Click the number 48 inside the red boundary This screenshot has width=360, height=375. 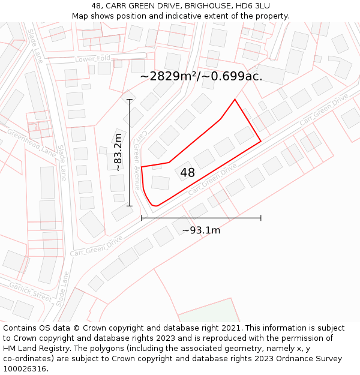[x=187, y=173]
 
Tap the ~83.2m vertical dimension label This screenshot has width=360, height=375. [x=118, y=152]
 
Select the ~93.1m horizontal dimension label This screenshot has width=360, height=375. [x=201, y=230]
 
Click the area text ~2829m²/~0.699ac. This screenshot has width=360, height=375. [x=201, y=76]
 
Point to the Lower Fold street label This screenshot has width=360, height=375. [x=93, y=59]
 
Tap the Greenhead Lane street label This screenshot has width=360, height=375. [x=31, y=142]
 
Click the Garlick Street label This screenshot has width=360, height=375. [x=30, y=292]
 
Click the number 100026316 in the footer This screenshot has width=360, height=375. [x=23, y=368]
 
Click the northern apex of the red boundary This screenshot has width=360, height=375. [x=235, y=100]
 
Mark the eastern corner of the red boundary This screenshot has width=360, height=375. [x=260, y=141]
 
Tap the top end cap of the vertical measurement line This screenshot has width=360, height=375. [x=130, y=99]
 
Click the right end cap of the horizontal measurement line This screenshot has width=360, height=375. [x=260, y=218]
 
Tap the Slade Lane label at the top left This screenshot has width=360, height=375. [x=35, y=47]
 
